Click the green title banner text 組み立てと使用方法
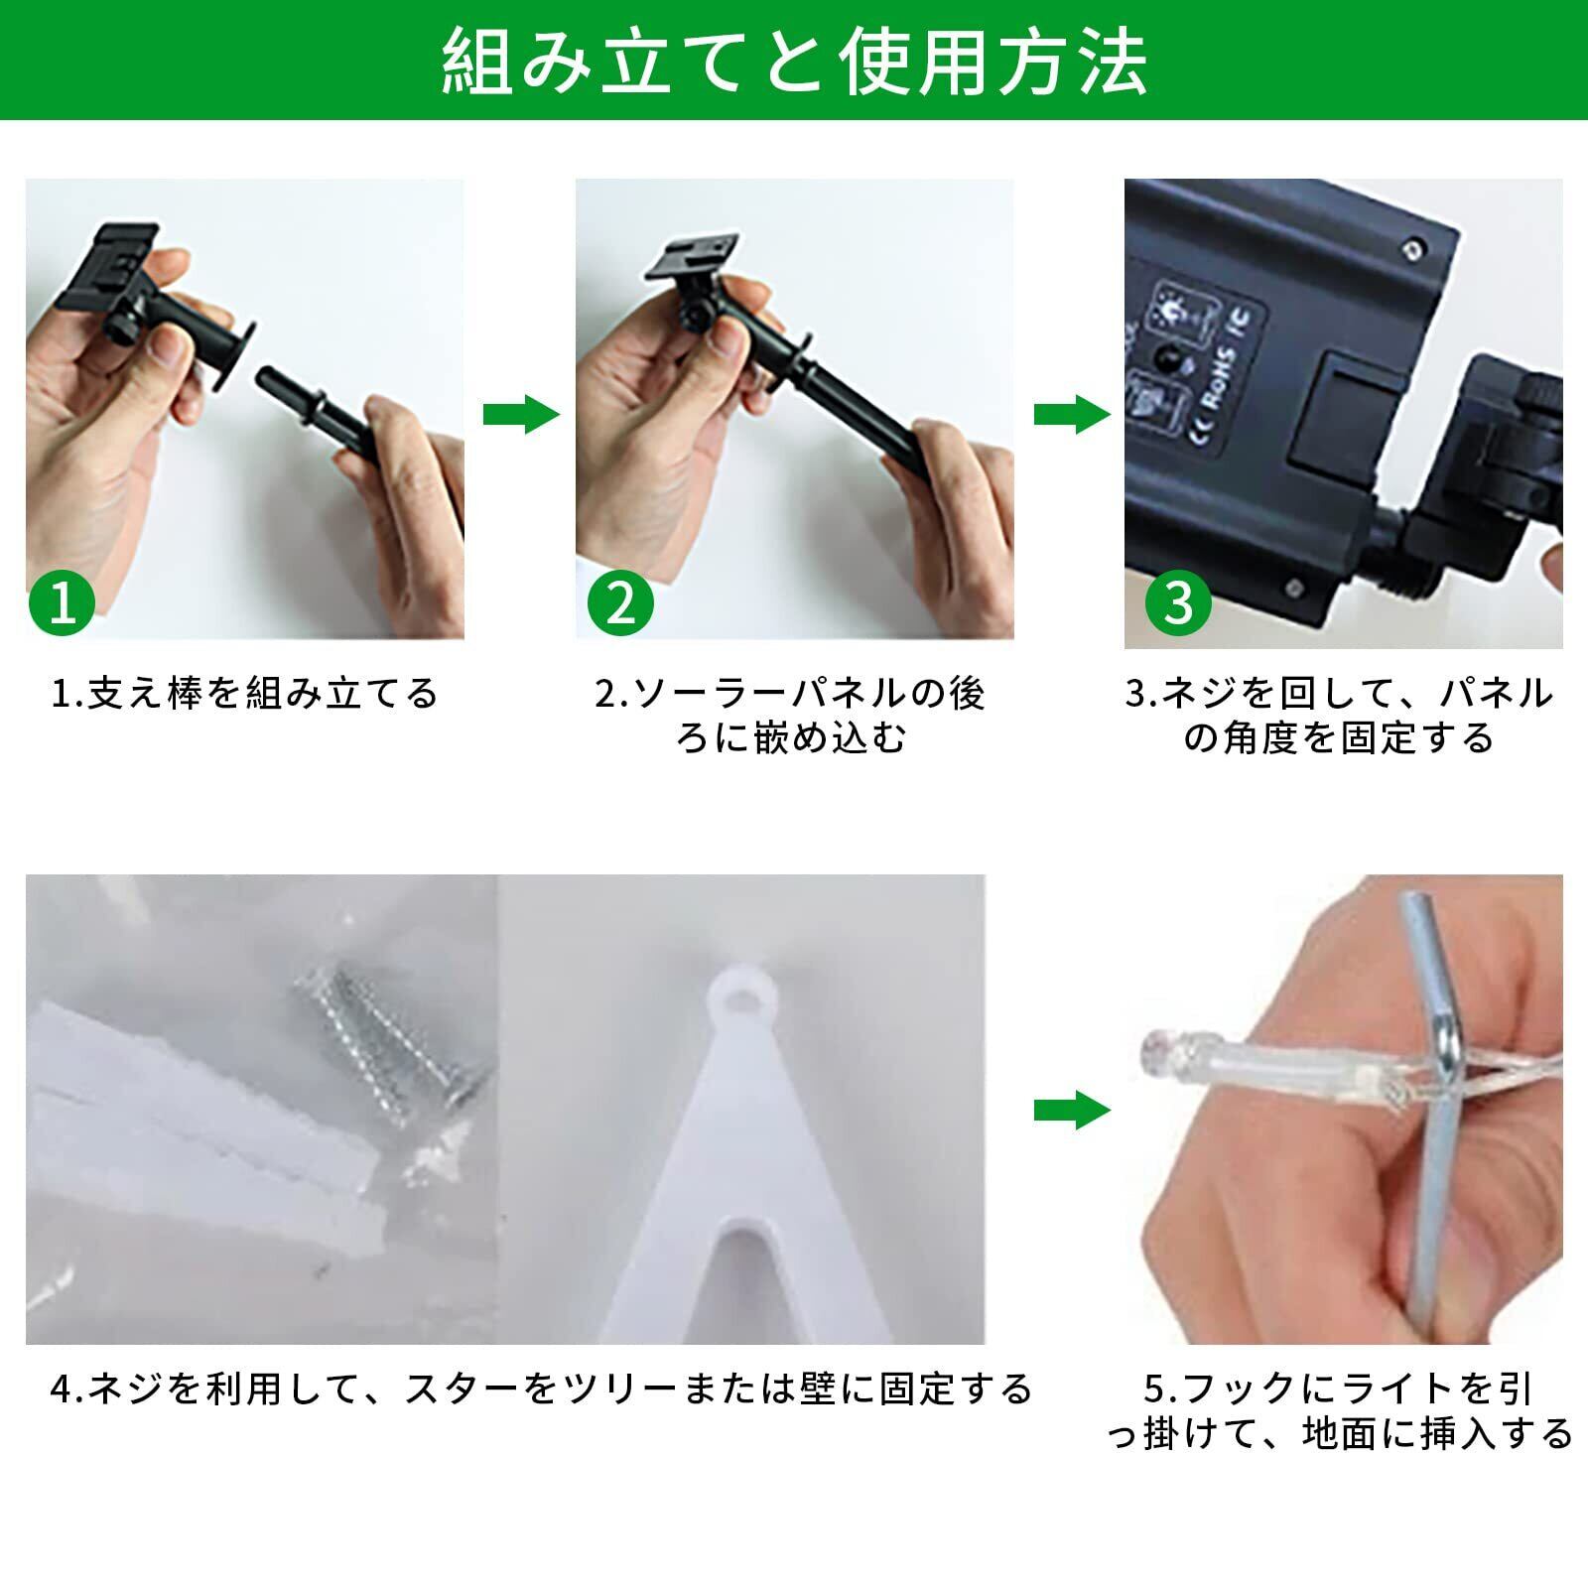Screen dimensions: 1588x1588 [x=794, y=62]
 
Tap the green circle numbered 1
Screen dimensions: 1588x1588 [x=63, y=602]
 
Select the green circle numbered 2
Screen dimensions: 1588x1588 [x=620, y=602]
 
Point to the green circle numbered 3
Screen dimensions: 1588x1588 [x=1178, y=602]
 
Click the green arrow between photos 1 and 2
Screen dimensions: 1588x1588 [x=521, y=415]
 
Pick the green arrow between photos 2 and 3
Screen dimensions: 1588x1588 [x=1072, y=415]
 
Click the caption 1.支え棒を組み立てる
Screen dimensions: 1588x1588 [x=244, y=693]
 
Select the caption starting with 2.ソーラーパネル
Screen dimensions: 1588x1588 [x=790, y=716]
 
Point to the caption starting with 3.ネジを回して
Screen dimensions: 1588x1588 [x=1340, y=716]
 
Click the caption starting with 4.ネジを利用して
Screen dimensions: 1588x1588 [x=541, y=1389]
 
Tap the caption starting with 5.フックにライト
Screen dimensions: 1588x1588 [x=1340, y=1411]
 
